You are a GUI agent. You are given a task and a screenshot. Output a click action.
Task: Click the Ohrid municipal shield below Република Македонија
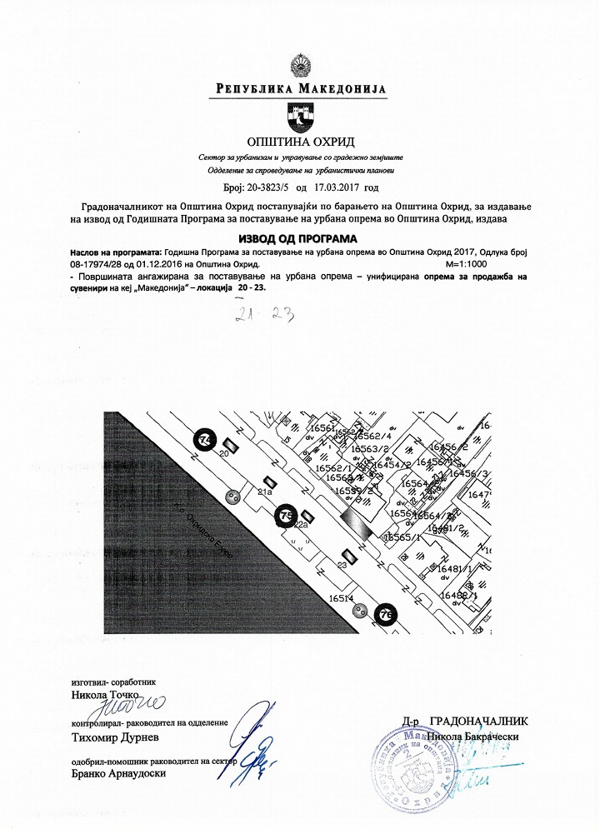[x=299, y=114]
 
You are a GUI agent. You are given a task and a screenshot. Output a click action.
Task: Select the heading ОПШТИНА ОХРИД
[x=300, y=141]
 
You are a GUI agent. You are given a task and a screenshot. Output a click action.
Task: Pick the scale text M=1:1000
[x=468, y=262]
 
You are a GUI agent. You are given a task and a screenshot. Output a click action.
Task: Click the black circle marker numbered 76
[x=386, y=614]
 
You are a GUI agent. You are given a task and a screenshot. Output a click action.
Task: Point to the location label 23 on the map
[x=342, y=566]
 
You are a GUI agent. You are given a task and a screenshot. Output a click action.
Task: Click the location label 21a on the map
[x=265, y=493]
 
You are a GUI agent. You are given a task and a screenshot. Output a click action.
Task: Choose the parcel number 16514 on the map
[x=342, y=598]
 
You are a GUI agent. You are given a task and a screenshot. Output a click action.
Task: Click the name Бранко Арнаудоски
[x=120, y=774]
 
